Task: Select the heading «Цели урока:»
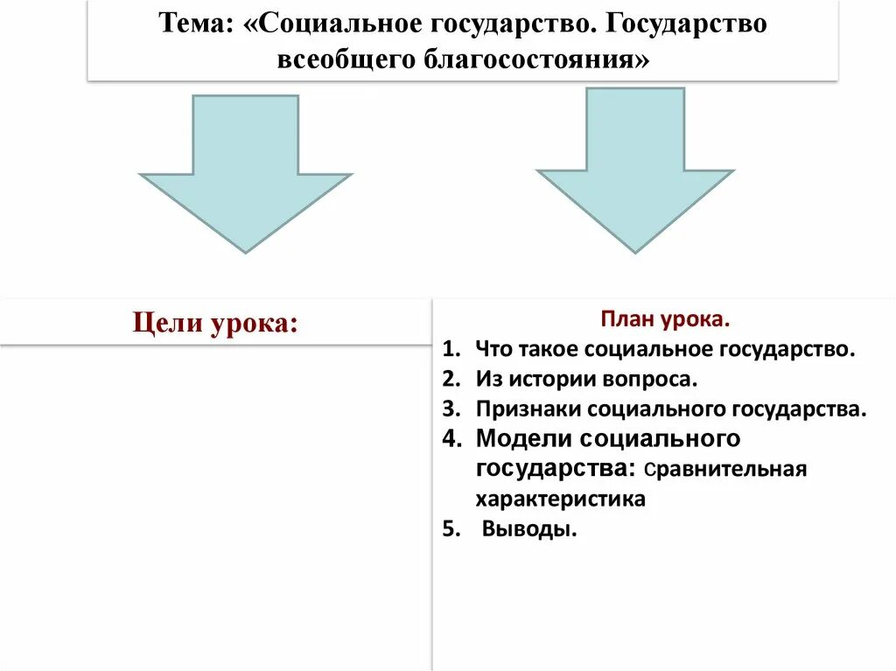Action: click(x=215, y=323)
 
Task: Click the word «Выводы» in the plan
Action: click(x=528, y=529)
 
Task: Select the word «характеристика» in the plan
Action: click(x=561, y=499)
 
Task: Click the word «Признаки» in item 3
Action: click(x=528, y=409)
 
